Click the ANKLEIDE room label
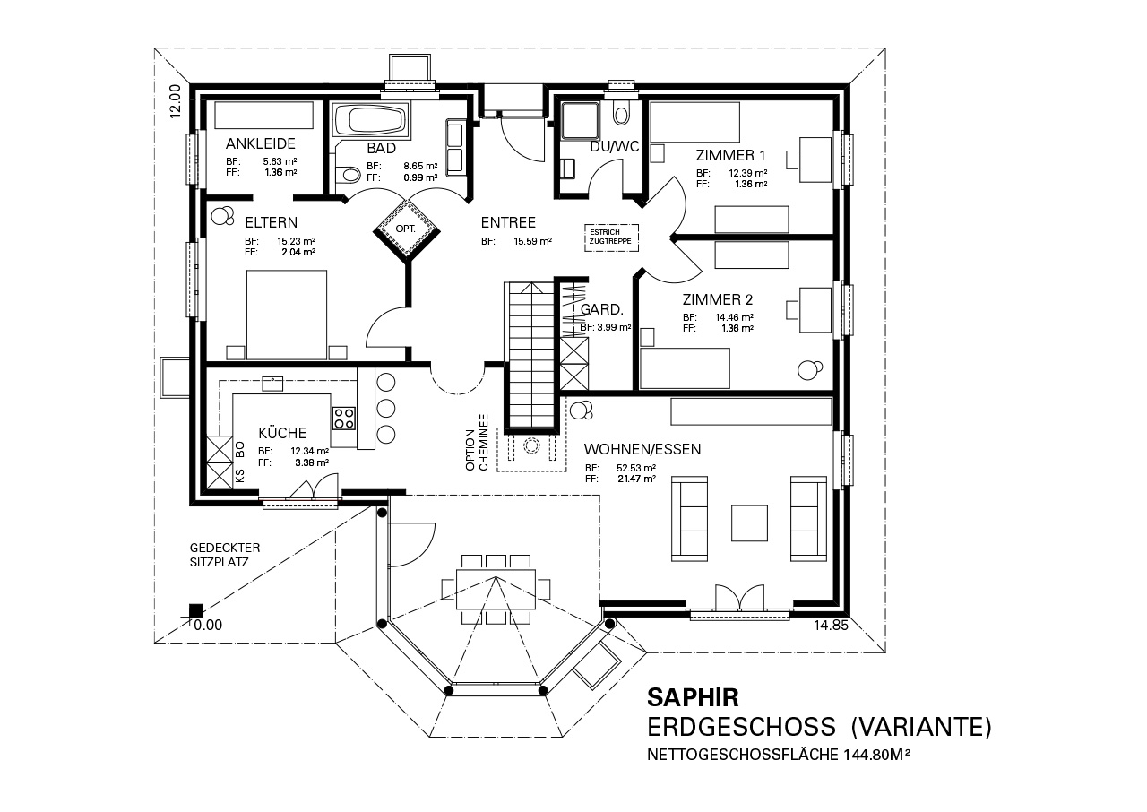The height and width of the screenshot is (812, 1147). pos(261,143)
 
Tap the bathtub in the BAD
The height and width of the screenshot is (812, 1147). pos(371,121)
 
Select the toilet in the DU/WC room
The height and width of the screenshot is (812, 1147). pos(621,114)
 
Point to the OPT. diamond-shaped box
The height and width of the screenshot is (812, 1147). pos(407,228)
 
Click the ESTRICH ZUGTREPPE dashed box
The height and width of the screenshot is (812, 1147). pos(611,238)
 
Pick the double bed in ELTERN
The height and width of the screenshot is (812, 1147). pos(287,315)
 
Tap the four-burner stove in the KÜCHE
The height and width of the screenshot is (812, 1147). pos(343,418)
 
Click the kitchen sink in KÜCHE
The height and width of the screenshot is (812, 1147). pos(272,384)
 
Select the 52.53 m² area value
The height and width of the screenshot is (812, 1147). pos(636,468)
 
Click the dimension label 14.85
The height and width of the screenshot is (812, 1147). pos(831,625)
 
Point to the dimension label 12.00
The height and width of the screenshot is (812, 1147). pos(175,101)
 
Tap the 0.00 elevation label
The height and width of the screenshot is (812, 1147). pos(208,625)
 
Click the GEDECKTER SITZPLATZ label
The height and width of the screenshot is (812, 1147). pos(225,555)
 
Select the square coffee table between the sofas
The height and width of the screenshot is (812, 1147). pos(749,523)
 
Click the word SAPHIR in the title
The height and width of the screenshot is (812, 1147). pos(693,697)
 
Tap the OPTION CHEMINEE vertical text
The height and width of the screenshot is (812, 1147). pos(477,443)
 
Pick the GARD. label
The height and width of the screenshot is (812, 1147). pos(601,310)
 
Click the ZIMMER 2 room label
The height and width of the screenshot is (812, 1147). pos(718,299)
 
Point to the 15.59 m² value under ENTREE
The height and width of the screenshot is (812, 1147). pos(532,241)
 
